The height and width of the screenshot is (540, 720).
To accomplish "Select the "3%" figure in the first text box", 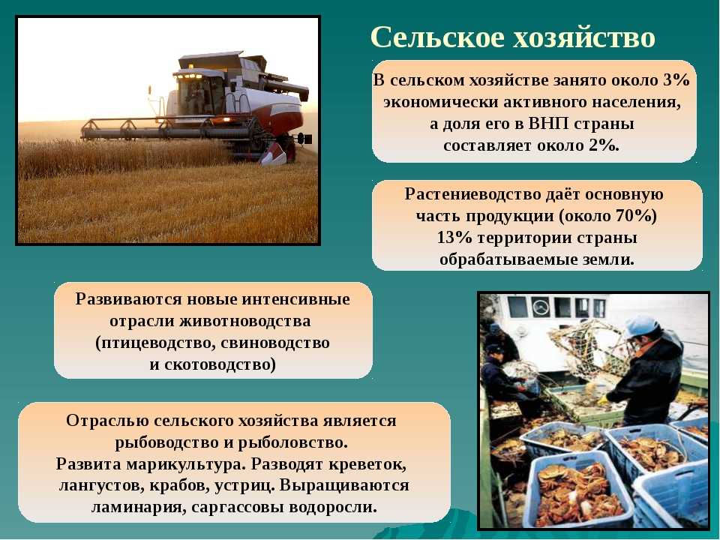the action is (x=676, y=80).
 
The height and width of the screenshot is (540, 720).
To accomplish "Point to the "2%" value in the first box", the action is (x=604, y=145).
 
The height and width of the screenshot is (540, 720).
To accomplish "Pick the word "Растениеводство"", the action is (x=472, y=194).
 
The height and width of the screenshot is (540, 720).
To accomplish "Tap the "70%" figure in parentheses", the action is (x=635, y=216).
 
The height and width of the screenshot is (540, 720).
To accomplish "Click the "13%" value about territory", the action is (x=454, y=238).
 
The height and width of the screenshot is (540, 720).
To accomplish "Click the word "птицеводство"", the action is (x=154, y=343).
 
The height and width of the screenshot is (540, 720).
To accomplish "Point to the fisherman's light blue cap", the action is (x=642, y=325).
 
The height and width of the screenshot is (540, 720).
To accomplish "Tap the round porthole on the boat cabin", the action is (x=541, y=306).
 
